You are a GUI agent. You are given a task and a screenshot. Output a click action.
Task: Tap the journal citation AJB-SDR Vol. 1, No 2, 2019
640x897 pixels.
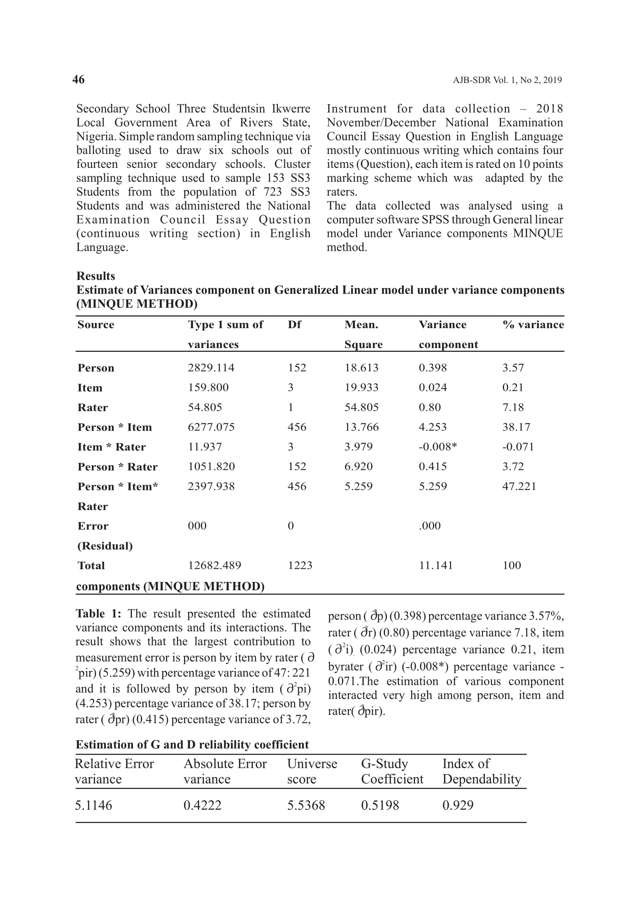click(507, 80)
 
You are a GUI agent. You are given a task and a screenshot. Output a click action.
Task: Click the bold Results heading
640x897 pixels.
click(95, 276)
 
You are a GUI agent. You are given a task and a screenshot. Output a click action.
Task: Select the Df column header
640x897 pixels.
click(294, 325)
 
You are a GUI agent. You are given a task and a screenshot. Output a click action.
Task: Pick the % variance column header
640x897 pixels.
click(533, 325)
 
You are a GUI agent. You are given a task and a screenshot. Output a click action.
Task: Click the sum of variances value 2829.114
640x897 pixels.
click(211, 368)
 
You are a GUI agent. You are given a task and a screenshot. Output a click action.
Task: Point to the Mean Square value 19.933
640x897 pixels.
click(361, 387)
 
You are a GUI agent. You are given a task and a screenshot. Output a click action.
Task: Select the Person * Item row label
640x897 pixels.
click(115, 427)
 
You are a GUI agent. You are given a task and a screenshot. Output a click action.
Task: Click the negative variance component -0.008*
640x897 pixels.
click(438, 447)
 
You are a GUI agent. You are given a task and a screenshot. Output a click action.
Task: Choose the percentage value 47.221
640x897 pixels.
click(519, 486)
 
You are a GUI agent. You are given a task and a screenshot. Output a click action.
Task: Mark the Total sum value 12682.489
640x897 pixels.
click(214, 565)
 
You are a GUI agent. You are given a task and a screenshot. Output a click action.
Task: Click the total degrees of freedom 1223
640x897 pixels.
click(300, 565)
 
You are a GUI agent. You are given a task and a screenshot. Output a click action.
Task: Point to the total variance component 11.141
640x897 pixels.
click(435, 565)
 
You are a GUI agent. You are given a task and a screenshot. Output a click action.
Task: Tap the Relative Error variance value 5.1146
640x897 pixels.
click(94, 805)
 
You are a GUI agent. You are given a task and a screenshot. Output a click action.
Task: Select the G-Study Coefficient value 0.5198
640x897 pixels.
click(380, 805)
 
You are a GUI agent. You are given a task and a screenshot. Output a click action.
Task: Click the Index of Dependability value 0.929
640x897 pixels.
click(457, 805)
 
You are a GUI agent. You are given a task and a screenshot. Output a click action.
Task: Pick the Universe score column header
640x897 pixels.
click(312, 771)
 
